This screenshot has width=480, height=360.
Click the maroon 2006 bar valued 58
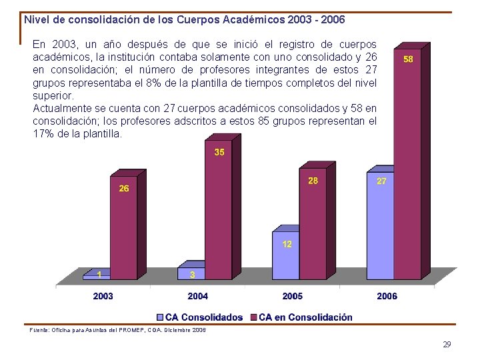coord(407,167)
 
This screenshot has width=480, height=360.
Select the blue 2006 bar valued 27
coord(381,227)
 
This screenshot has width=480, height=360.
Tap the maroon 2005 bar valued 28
coord(313,227)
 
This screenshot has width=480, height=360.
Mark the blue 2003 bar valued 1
coord(97,275)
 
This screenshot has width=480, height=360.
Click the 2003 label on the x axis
coord(103,296)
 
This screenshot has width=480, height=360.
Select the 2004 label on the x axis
coord(197,296)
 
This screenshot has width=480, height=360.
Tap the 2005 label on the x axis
coord(292,296)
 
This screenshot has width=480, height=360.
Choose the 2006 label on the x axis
coord(387,296)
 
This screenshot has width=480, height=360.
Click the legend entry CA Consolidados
coord(203,317)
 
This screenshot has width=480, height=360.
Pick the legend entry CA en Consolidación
coord(305,317)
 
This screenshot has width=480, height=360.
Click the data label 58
coord(408,59)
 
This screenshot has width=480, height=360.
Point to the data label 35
coord(219,152)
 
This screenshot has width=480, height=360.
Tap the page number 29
coord(447,345)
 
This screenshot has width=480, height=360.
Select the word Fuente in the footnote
coord(39,330)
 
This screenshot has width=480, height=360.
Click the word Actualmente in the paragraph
coord(61,109)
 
